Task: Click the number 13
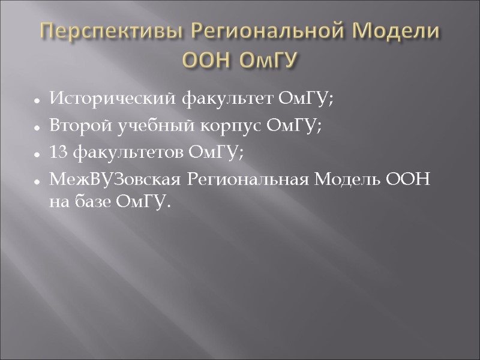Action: coord(59,154)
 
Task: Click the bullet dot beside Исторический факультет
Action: coord(37,100)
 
